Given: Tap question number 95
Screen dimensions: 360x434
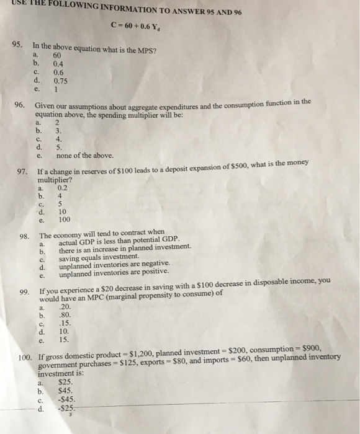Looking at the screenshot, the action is point(18,45).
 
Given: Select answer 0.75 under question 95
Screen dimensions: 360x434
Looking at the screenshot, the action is point(60,80).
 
